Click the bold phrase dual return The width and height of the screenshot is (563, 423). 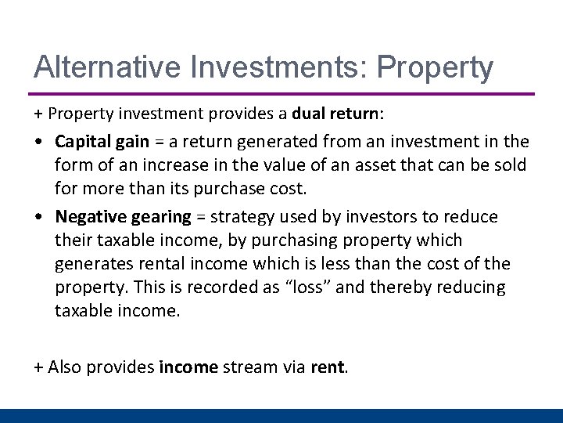click(x=335, y=113)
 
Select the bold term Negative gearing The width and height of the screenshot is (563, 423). click(x=124, y=216)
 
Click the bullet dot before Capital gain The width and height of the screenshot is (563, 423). click(x=39, y=143)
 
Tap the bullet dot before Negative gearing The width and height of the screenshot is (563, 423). click(x=39, y=217)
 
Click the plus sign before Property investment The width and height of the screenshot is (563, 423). click(x=38, y=114)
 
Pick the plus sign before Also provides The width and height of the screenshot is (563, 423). click(x=38, y=366)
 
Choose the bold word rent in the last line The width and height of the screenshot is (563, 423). click(x=327, y=366)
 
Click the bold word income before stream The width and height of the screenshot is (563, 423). click(x=188, y=366)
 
